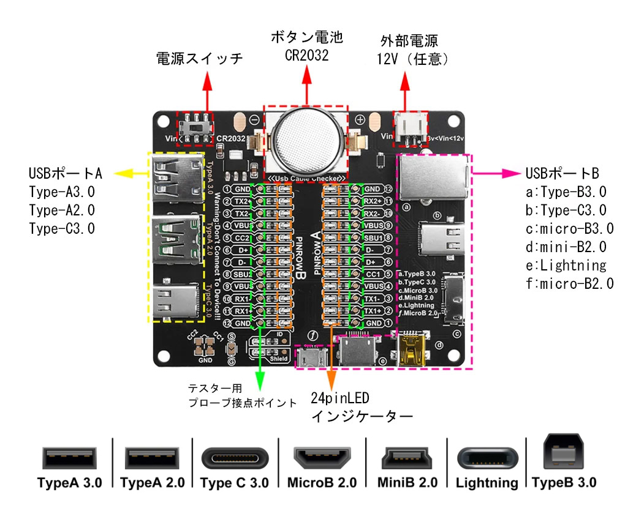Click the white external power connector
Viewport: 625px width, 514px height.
click(409, 128)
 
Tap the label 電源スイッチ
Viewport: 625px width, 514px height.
click(199, 59)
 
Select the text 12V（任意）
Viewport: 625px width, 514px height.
click(414, 59)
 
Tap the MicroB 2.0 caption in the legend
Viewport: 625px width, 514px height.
click(321, 483)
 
